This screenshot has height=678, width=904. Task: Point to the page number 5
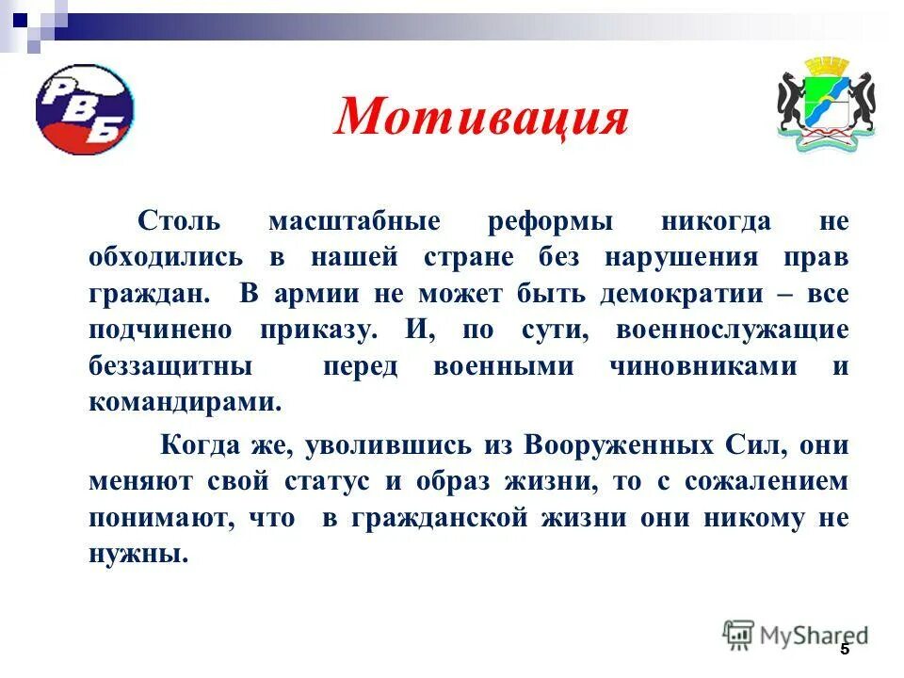pyautogui.click(x=844, y=650)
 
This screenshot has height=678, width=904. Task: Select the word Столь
pyautogui.click(x=179, y=222)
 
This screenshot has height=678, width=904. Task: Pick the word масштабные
pyautogui.click(x=354, y=222)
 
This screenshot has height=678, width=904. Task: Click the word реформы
pyautogui.click(x=551, y=222)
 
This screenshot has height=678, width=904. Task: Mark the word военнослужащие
pyautogui.click(x=733, y=331)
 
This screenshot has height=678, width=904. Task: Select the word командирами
pyautogui.click(x=185, y=402)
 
